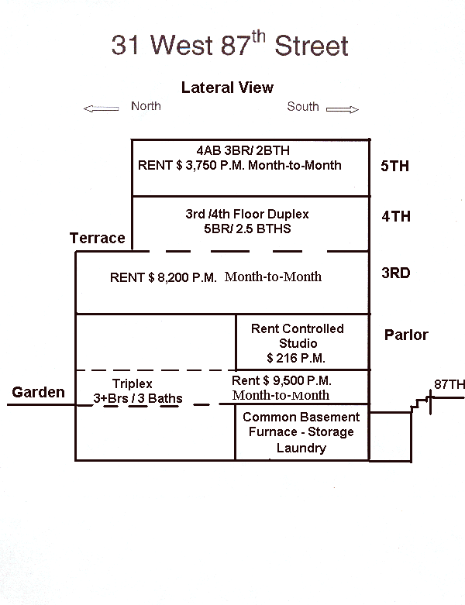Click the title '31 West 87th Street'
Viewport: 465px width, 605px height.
(229, 44)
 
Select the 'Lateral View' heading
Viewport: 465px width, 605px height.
(227, 88)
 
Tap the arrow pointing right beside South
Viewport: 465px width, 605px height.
(342, 109)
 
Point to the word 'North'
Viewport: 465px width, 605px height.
(146, 106)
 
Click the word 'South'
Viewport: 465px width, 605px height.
(303, 106)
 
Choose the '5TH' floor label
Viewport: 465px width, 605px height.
(395, 166)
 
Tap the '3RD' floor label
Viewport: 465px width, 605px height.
(395, 273)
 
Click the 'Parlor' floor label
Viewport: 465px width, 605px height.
(406, 335)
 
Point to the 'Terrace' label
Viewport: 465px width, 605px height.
(97, 238)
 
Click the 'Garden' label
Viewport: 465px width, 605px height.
(38, 392)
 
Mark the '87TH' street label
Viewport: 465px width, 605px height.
(449, 384)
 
